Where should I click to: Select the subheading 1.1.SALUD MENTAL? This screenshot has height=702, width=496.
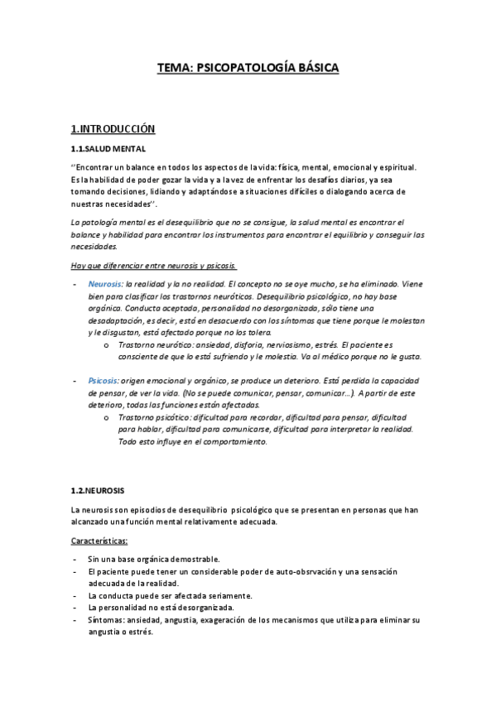coord(108,149)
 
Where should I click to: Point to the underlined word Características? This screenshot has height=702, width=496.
coord(99,541)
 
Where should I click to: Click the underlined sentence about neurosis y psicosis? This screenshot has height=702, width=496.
coord(153,265)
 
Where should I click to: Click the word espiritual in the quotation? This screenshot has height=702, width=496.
coord(382,166)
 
